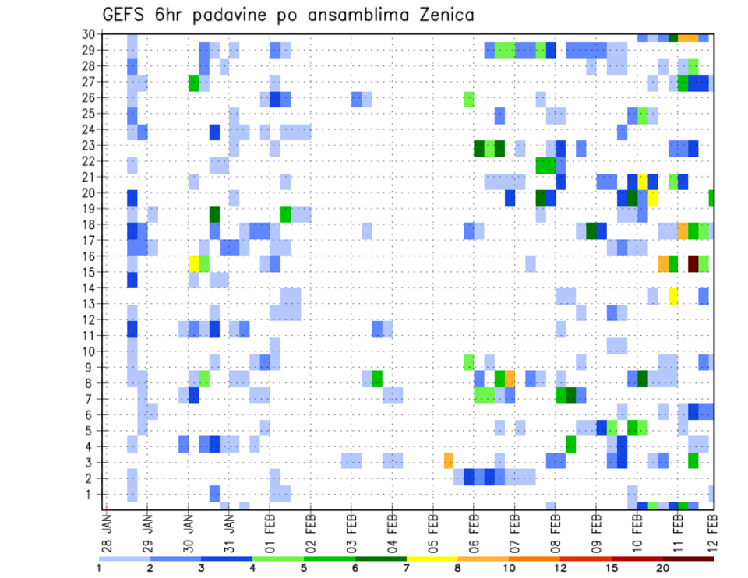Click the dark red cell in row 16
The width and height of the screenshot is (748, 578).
693,263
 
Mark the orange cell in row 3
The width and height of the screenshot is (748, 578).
449,460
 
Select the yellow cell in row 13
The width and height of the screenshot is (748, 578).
672,295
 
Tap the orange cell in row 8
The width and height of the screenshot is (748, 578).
510,379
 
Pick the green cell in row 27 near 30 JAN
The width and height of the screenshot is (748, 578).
194,82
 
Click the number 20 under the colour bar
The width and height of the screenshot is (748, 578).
663,568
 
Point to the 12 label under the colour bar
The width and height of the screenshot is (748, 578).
560,568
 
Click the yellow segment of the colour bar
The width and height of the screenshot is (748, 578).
432,559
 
